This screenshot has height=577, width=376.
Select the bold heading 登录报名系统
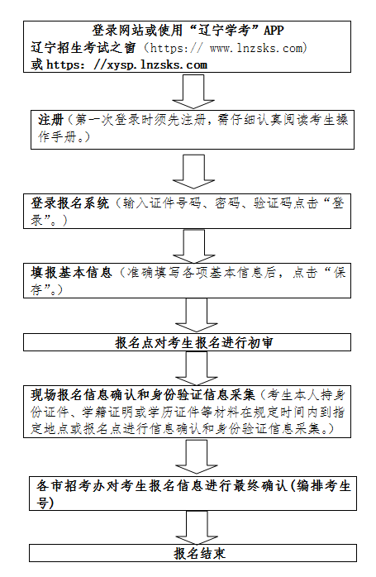click(69, 203)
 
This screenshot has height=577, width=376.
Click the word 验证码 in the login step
click(256, 203)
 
